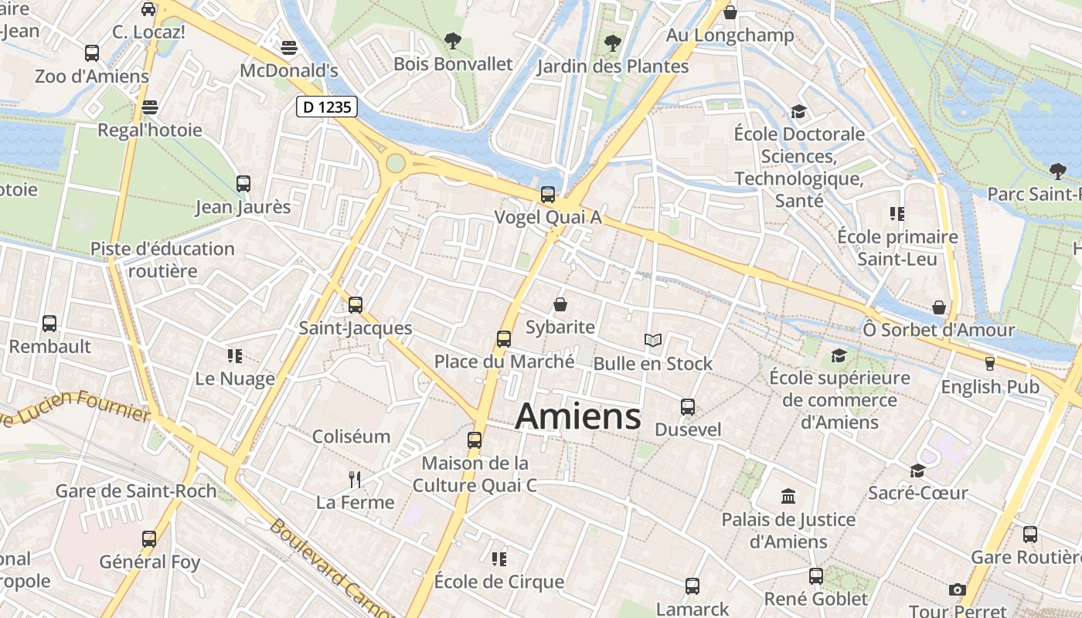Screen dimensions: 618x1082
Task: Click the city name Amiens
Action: (578, 416)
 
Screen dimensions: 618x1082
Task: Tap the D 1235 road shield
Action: (327, 107)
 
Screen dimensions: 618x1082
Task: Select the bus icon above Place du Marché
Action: (504, 338)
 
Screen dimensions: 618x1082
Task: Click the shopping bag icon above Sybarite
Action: (560, 304)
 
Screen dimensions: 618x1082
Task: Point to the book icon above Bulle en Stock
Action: (653, 340)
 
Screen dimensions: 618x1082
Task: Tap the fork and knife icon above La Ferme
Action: (355, 480)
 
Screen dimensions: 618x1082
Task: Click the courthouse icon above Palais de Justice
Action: (788, 496)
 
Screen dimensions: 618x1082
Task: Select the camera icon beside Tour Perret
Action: (958, 589)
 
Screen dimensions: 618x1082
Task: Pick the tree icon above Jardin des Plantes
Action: (613, 42)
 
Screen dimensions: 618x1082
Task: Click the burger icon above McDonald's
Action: (289, 48)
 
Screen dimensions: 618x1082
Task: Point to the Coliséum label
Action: (351, 436)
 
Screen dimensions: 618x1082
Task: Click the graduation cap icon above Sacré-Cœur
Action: (917, 470)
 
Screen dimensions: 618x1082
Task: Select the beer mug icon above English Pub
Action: (989, 363)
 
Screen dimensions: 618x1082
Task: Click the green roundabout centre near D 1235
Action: (396, 163)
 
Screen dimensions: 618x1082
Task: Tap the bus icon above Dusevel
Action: (688, 406)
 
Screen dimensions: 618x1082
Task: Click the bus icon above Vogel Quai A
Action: (548, 194)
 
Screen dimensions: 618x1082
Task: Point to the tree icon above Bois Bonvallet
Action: (453, 40)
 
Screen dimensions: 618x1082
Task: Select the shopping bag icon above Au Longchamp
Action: (730, 12)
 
